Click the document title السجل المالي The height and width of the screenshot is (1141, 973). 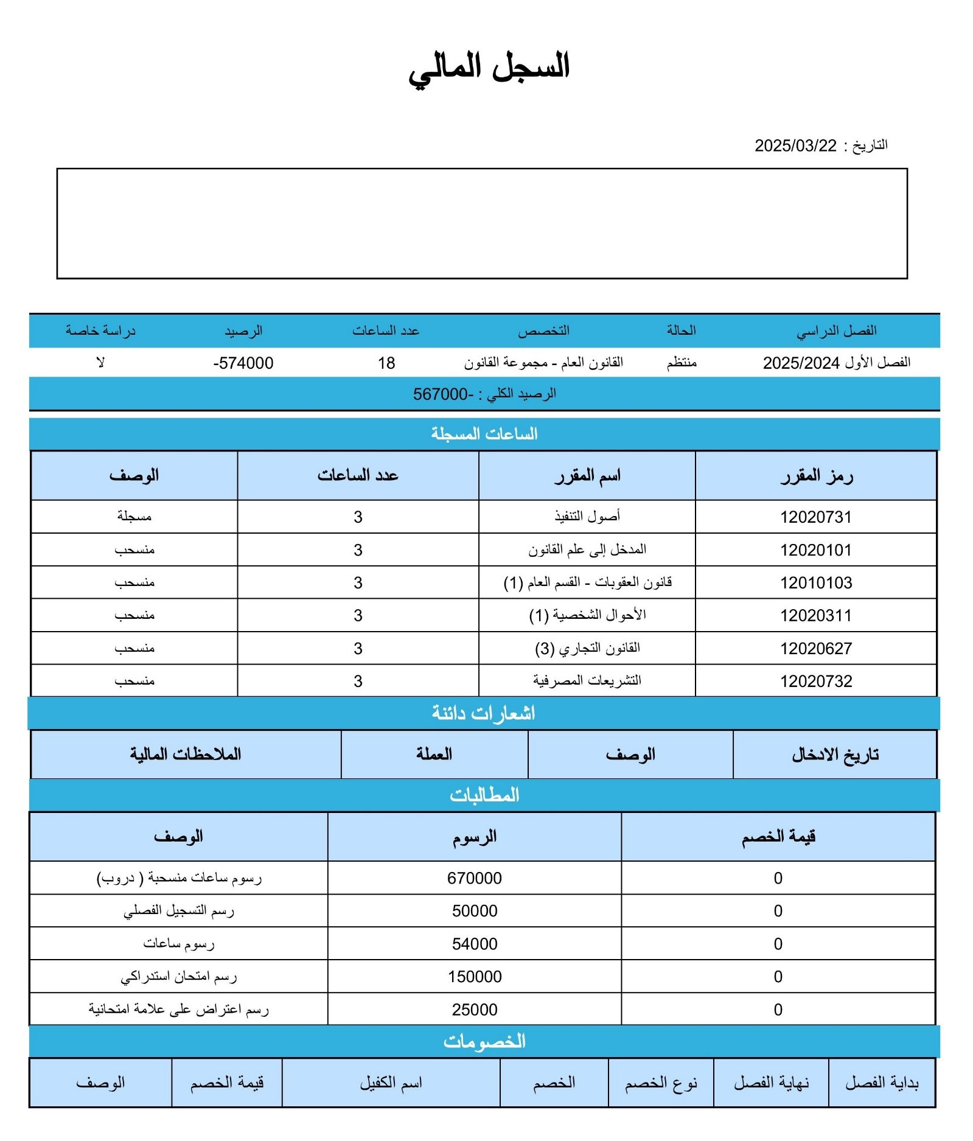(x=489, y=66)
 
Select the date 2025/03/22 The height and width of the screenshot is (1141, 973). (x=795, y=146)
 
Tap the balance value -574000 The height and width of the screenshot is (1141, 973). (x=243, y=363)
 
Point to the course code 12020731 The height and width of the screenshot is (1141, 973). (x=815, y=517)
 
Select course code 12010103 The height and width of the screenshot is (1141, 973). (x=815, y=583)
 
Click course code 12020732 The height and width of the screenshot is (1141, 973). (x=815, y=682)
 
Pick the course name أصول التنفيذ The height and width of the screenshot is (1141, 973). (x=587, y=517)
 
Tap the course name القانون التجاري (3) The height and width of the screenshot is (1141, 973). (x=587, y=649)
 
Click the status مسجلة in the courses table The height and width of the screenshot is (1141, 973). (x=134, y=517)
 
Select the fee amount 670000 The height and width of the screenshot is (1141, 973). (x=474, y=878)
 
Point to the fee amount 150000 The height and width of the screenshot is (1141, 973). (x=474, y=977)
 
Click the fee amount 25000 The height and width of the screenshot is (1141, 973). (x=474, y=1010)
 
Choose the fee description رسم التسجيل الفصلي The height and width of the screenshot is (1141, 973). (x=178, y=911)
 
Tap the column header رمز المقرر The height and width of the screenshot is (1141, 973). (x=816, y=476)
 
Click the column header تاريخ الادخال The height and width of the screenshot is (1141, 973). (x=835, y=755)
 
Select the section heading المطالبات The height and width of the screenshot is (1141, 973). (x=484, y=795)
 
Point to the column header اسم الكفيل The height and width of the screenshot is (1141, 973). (x=391, y=1083)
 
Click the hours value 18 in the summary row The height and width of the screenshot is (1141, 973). (x=386, y=363)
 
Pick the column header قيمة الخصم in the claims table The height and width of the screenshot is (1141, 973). (x=778, y=837)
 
